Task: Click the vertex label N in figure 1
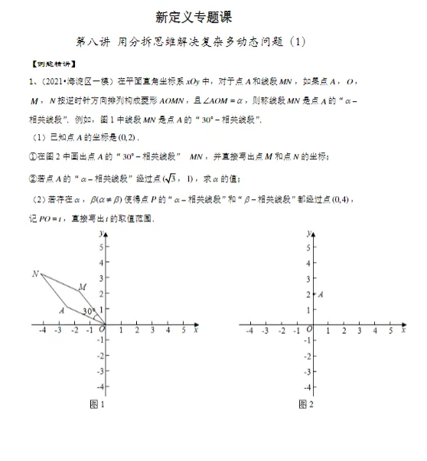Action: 35,273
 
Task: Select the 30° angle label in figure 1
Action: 89,310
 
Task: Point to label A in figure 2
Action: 320,294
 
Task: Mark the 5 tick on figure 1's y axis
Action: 97,248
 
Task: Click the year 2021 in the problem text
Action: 52,81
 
